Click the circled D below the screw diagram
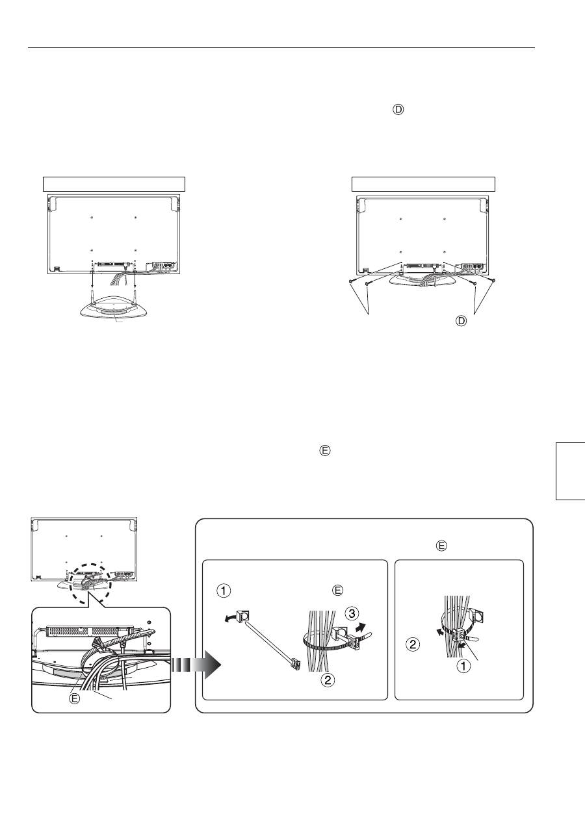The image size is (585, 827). pos(461,321)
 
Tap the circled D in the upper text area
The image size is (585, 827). pos(398,110)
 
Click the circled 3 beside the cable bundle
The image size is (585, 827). pos(352,614)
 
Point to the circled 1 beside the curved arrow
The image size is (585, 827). pos(224,591)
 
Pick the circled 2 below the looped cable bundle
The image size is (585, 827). pos(328,680)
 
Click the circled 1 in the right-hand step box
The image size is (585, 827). pos(464,667)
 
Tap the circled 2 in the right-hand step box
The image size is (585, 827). pos(413,644)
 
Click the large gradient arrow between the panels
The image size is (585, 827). pos(196,664)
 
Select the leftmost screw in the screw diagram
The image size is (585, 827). pos(351,282)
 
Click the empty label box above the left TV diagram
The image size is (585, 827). pos(114,184)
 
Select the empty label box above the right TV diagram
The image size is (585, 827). pos(423,184)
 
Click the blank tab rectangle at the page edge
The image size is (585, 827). pos(570,471)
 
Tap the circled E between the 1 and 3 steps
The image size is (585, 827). pos(338,591)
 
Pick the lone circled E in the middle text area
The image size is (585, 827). pos(324,451)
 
